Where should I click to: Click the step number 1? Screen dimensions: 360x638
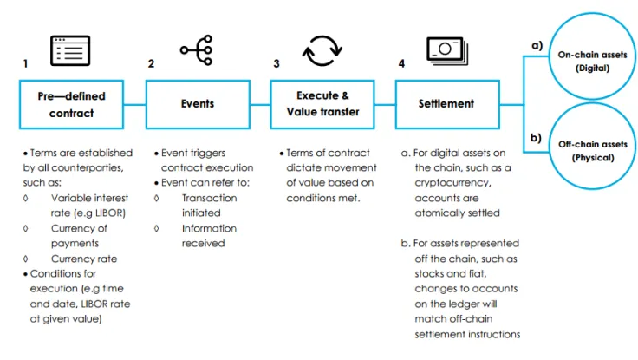pos(25,64)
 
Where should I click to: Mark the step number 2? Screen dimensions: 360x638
pos(151,64)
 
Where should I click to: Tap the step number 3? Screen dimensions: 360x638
pos(276,64)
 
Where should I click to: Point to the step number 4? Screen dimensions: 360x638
pos(400,64)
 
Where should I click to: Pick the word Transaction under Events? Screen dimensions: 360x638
pos(209,198)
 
